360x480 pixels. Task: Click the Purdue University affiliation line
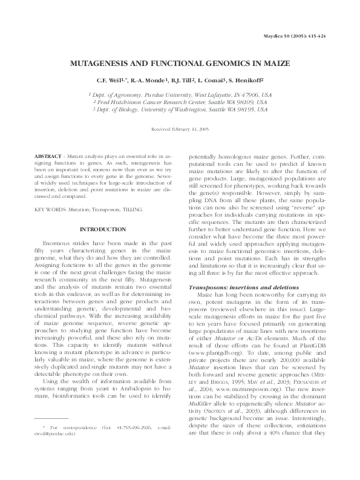point(180,95)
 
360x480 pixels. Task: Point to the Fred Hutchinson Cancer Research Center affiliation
point(180,103)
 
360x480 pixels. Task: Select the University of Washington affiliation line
point(180,110)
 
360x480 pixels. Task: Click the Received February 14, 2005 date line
point(179,130)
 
